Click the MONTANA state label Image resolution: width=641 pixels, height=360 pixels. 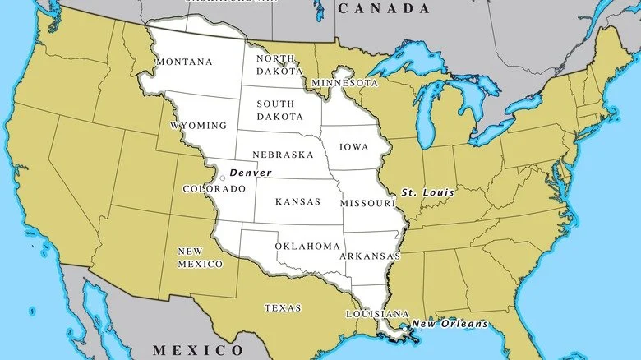183,62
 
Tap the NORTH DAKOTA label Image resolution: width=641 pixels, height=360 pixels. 275,64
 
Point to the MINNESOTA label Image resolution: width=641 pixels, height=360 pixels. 345,84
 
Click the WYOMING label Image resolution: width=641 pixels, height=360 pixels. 198,126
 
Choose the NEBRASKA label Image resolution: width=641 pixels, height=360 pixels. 283,155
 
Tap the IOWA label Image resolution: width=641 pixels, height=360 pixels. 354,148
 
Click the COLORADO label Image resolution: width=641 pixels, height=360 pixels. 214,189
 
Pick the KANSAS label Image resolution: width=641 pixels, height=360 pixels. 297,202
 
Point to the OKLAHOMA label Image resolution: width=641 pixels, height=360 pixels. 307,247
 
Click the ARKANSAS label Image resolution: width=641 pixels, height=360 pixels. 370,256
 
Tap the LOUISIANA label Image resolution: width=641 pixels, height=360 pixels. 377,315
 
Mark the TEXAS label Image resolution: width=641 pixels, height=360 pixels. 282,308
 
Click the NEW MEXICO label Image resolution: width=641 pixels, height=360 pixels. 200,257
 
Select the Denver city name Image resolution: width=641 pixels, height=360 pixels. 250,173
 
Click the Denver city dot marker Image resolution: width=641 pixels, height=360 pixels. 223,178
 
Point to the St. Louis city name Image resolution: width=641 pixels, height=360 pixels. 427,193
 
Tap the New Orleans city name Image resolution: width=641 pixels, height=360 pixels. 449,324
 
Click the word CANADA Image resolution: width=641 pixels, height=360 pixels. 383,9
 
